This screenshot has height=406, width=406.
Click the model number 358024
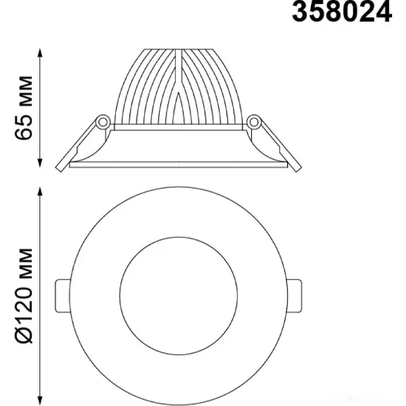pos(342,12)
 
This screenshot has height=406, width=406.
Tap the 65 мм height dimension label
pos(24,108)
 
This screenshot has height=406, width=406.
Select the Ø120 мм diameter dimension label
pos(24,296)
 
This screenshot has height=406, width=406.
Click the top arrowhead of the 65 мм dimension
pos(39,53)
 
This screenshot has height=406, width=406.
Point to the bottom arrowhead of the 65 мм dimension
pos(39,162)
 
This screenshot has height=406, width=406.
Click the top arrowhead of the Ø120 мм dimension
pos(39,191)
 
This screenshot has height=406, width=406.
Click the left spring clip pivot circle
pos(103,121)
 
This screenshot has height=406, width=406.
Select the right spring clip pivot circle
pos(254,121)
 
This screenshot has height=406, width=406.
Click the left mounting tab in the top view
pos(63,296)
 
